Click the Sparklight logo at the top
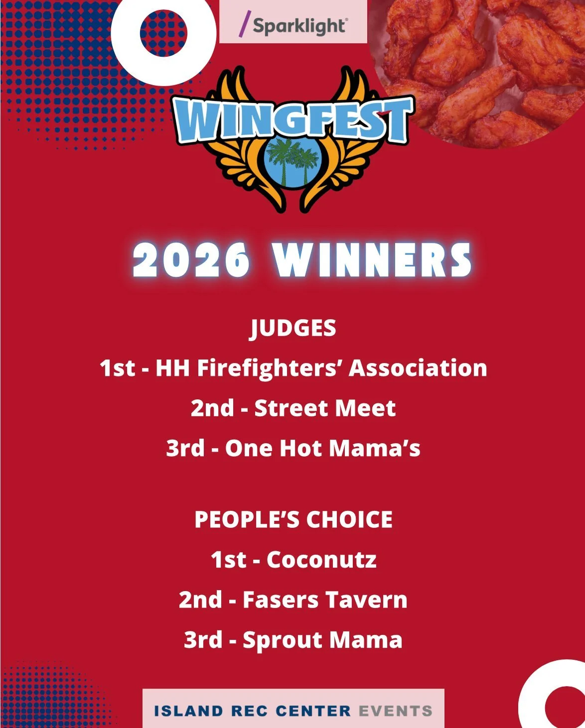point(293,25)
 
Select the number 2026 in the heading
point(192,260)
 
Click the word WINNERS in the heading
point(372,260)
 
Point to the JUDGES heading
point(293,328)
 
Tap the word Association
point(418,368)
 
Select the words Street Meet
point(325,408)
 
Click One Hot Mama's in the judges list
point(322,448)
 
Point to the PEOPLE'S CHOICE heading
point(293,519)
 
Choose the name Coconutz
point(321,560)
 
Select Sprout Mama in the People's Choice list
point(322,640)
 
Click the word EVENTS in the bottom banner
point(395,711)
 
